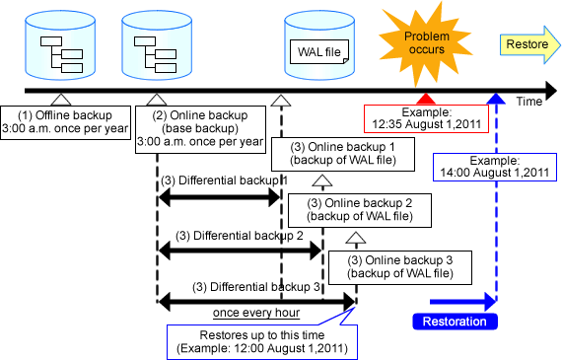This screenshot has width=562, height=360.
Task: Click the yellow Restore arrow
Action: pyautogui.click(x=528, y=44)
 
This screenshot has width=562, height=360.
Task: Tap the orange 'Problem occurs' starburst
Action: pyautogui.click(x=423, y=42)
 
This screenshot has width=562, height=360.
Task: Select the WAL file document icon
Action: pyautogui.click(x=318, y=49)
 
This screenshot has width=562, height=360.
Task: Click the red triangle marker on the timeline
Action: pyautogui.click(x=425, y=99)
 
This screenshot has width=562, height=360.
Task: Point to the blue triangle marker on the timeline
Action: pyautogui.click(x=497, y=99)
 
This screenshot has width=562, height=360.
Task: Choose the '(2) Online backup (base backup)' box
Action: pyautogui.click(x=208, y=127)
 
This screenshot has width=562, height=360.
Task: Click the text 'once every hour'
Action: pyautogui.click(x=255, y=313)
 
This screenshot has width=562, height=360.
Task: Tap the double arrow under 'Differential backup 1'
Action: pyautogui.click(x=220, y=197)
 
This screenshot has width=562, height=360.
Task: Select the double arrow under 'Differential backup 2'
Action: pyautogui.click(x=240, y=252)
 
